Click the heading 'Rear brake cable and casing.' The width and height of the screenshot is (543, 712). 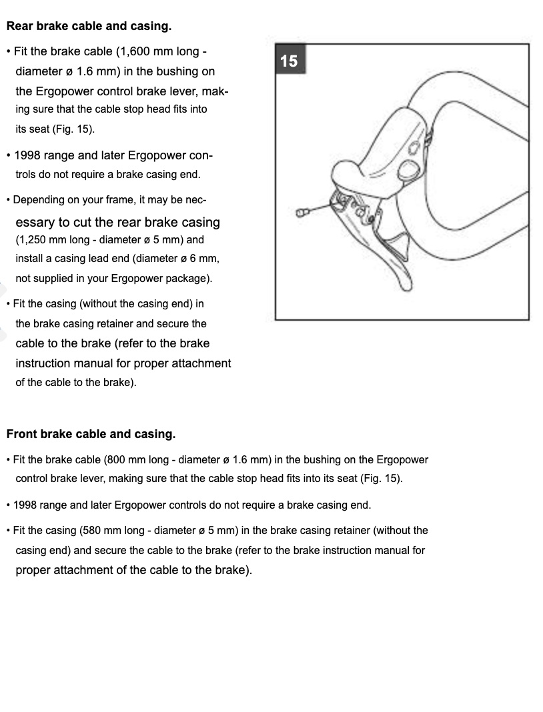point(89,27)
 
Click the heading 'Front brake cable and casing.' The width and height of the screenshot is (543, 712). point(91,434)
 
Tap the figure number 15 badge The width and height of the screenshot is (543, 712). point(289,61)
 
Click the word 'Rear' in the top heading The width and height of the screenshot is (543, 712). point(20,27)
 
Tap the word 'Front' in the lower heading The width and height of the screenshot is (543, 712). point(22,434)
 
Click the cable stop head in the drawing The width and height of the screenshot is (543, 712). point(301,213)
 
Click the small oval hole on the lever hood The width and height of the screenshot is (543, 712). point(413,145)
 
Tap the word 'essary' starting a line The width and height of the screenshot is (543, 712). point(35,222)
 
